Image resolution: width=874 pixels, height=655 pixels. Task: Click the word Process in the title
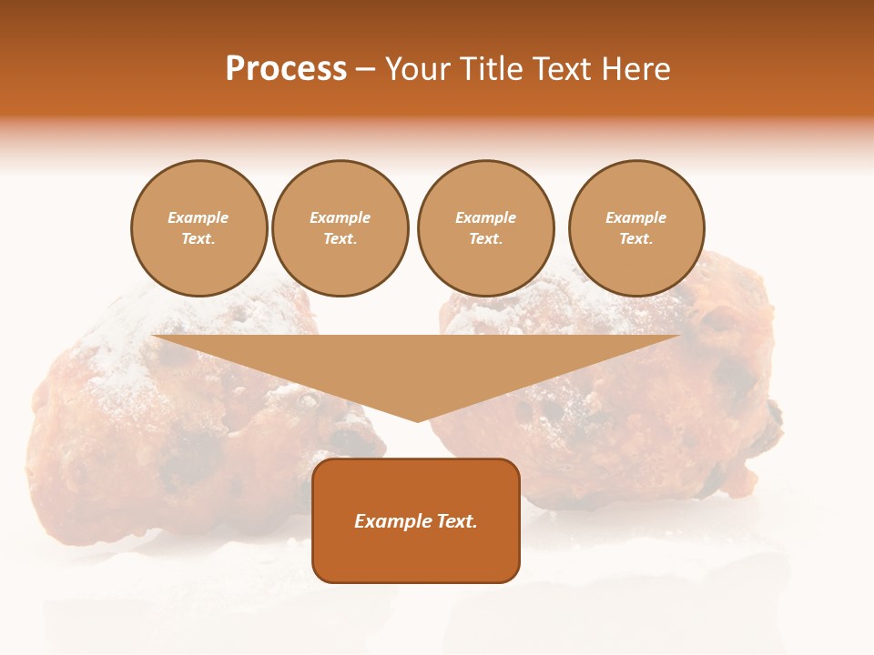[286, 69]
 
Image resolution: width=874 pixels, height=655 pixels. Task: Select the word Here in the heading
[635, 69]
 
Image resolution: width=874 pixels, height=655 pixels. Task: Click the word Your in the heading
[420, 69]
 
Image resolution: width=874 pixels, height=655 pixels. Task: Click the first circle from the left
[198, 228]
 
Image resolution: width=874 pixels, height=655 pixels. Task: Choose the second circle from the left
[340, 228]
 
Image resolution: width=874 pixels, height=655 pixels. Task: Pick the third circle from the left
[485, 228]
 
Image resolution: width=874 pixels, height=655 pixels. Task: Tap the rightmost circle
[636, 228]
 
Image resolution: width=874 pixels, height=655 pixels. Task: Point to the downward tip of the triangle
[418, 419]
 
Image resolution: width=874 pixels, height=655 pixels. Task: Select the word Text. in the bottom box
[456, 521]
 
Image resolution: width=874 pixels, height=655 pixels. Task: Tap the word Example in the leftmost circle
[198, 217]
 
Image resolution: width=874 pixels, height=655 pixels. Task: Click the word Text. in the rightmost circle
[636, 239]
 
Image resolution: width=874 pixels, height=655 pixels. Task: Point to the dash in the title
[365, 69]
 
